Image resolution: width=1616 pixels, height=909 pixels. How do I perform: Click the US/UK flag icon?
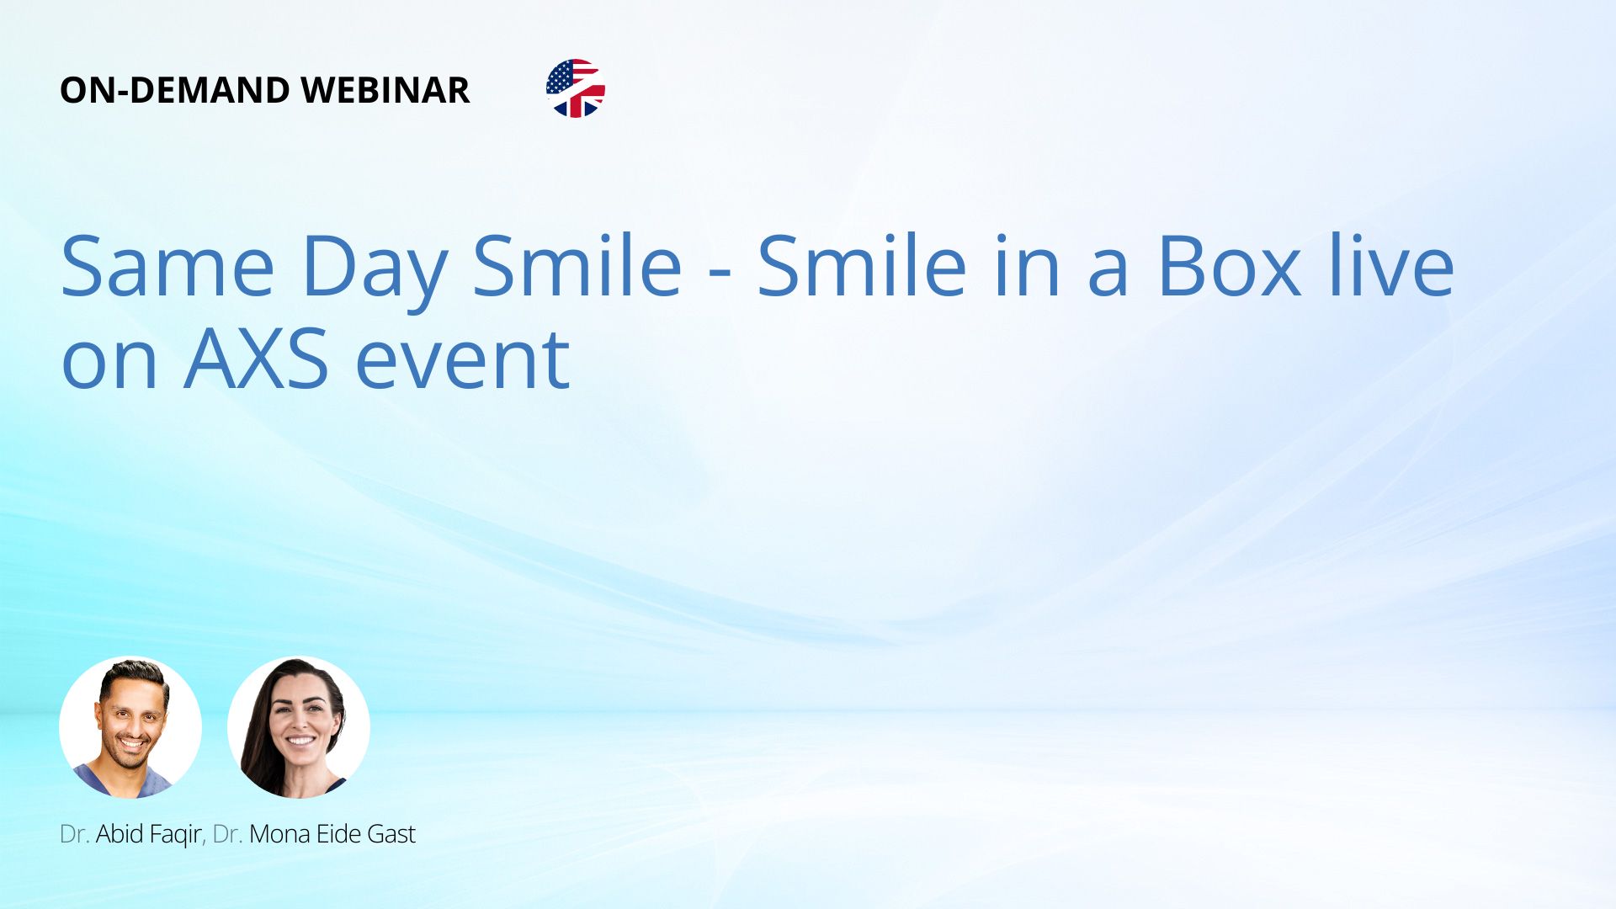coord(576,88)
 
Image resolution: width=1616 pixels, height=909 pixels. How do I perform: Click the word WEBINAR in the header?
coord(385,90)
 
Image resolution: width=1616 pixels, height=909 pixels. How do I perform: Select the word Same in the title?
coord(167,266)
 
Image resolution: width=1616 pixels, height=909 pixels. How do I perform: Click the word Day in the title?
coord(375,271)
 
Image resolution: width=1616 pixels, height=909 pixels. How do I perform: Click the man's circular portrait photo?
coord(130,727)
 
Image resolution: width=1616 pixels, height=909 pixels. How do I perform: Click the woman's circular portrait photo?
coord(299,727)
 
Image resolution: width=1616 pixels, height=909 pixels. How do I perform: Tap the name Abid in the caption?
coord(120,834)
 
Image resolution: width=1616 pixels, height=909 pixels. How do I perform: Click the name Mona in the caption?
coord(280,834)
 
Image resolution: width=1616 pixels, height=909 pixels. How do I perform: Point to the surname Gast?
coord(391,834)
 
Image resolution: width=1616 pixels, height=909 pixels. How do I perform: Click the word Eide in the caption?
coord(339,834)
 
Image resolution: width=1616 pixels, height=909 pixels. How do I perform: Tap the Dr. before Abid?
coord(74,834)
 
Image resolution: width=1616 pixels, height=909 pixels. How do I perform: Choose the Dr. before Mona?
coord(228,834)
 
